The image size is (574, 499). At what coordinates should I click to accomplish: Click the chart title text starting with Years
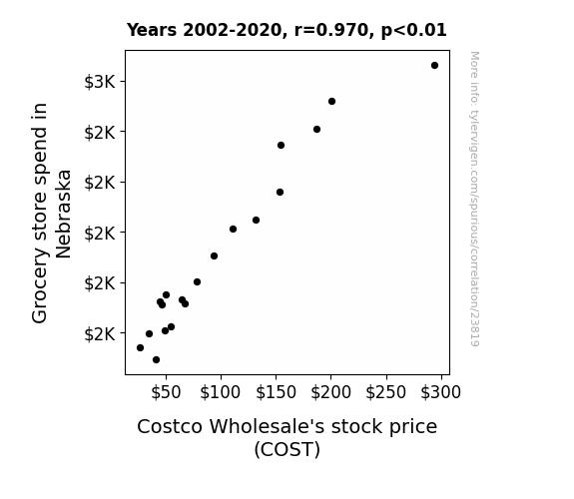[x=287, y=30]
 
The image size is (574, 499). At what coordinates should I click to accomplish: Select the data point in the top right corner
[x=434, y=66]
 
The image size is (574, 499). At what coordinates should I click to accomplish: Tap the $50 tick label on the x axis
[x=166, y=392]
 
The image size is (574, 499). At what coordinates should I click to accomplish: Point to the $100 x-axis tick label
[x=220, y=392]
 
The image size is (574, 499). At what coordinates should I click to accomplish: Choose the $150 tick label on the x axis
[x=276, y=392]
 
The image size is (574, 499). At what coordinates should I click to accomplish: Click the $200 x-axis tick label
[x=331, y=392]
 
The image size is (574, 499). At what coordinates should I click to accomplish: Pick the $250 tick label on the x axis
[x=386, y=392]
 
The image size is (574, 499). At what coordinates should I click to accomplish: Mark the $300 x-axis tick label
[x=441, y=392]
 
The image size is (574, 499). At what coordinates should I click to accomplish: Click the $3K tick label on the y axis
[x=100, y=82]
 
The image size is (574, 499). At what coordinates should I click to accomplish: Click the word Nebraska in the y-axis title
[x=63, y=214]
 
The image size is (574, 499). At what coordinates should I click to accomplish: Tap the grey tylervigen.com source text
[x=474, y=199]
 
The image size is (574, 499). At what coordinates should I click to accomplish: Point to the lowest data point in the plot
[x=156, y=360]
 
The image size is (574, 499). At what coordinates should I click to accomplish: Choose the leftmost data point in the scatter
[x=140, y=347]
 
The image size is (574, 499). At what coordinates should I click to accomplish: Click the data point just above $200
[x=331, y=102]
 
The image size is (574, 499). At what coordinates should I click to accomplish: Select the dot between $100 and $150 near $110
[x=233, y=230]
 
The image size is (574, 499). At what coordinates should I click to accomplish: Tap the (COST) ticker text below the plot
[x=287, y=449]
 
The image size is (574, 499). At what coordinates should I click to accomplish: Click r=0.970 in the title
[x=331, y=30]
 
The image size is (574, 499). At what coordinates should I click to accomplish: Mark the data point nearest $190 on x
[x=317, y=129]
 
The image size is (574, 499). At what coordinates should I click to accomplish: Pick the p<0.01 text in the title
[x=414, y=30]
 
